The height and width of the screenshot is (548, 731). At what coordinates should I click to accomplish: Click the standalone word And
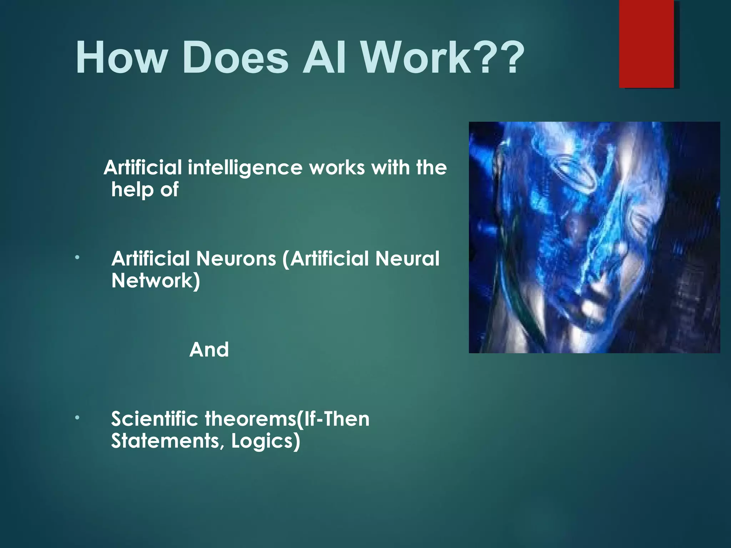209,350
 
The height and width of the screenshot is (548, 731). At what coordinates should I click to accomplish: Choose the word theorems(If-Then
287,419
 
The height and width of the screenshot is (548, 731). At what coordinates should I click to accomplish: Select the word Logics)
266,442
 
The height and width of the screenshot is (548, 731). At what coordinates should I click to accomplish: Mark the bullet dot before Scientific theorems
77,418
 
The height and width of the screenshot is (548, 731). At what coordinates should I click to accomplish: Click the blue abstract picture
594,237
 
